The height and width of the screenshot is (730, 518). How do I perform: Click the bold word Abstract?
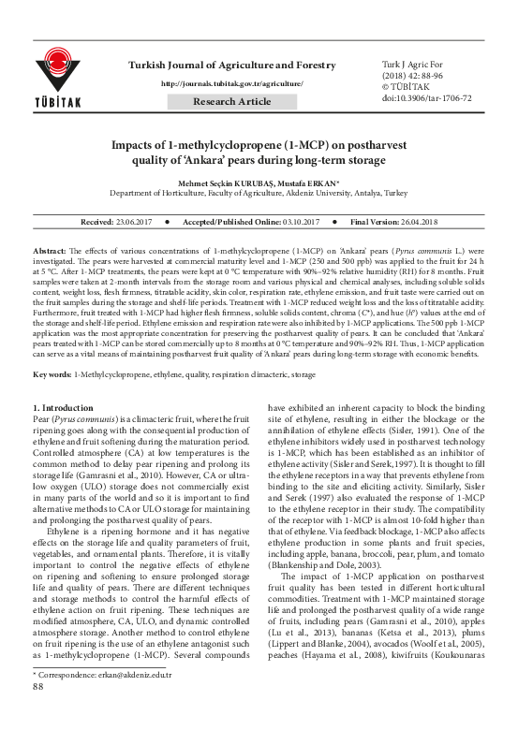[x=50, y=253]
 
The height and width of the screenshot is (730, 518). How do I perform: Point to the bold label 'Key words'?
[x=52, y=373]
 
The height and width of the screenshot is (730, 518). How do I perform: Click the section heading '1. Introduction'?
[x=63, y=408]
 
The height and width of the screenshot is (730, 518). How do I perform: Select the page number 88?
[x=39, y=712]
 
